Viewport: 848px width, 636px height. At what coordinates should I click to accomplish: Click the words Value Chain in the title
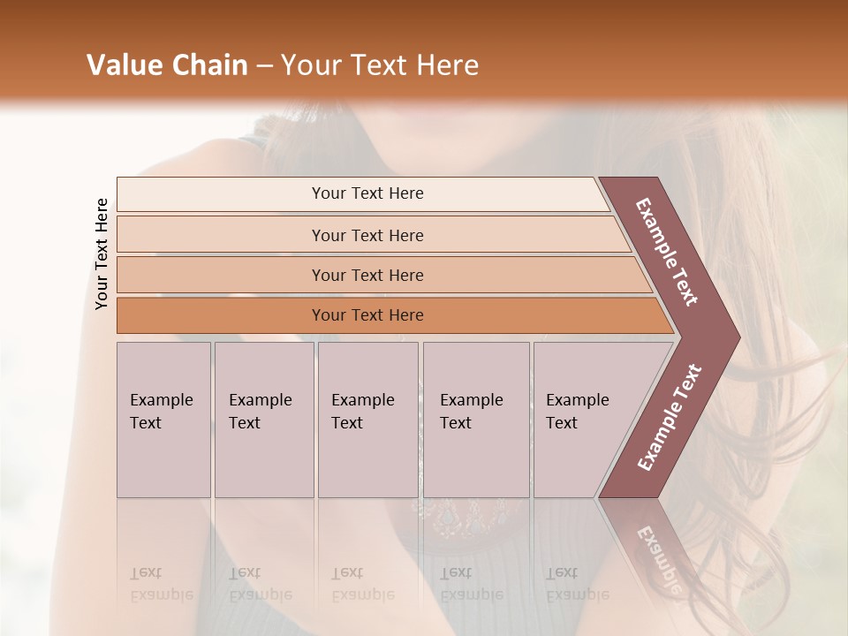coord(167,65)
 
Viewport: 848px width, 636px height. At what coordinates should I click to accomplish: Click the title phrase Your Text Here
coord(379,65)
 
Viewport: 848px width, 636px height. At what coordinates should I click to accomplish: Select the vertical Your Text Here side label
coord(102,254)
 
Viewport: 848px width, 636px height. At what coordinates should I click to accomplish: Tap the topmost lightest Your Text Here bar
coord(367,193)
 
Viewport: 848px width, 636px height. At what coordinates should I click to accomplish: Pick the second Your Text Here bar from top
coord(367,235)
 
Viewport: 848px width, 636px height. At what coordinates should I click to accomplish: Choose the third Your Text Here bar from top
coord(367,275)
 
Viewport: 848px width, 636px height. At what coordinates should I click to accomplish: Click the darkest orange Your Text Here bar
coord(367,315)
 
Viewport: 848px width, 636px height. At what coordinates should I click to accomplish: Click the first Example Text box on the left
coord(163,420)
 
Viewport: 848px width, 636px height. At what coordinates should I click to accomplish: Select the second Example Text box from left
coord(264,420)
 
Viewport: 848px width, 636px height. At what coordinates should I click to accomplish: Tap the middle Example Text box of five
coord(367,420)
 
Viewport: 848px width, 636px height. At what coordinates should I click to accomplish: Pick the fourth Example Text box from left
coord(476,420)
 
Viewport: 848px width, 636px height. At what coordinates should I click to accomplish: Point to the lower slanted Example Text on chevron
coord(670,417)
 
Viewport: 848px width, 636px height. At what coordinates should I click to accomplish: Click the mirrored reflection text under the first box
coord(161,584)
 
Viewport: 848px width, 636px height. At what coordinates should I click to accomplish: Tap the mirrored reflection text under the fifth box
coord(577,584)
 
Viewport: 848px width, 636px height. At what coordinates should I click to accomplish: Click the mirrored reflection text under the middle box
coord(362,584)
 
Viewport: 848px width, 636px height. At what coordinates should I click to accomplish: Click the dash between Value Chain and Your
coord(264,66)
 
